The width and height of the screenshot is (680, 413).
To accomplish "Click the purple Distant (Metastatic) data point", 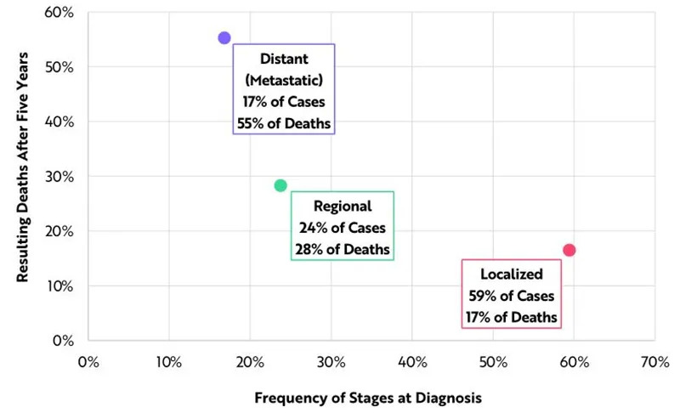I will click(224, 37).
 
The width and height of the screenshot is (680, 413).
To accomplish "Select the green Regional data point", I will click(280, 185).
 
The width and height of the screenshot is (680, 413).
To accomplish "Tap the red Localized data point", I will click(569, 250).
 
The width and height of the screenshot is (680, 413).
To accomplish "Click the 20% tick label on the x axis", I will click(250, 360).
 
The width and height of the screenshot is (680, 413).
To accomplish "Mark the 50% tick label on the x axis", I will click(492, 360).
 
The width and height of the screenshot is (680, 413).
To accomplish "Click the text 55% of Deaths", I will click(284, 123).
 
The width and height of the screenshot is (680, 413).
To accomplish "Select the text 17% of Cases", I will click(284, 102).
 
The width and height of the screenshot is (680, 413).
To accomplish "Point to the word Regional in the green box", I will click(343, 206).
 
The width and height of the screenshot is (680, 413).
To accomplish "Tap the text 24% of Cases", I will click(343, 228).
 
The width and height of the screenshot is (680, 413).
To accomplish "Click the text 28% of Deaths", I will click(343, 249).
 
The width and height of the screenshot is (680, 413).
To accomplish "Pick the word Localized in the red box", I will click(511, 274).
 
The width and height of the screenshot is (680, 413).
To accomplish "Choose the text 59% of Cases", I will click(511, 296).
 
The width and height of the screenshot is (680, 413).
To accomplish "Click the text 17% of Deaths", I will click(511, 317).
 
